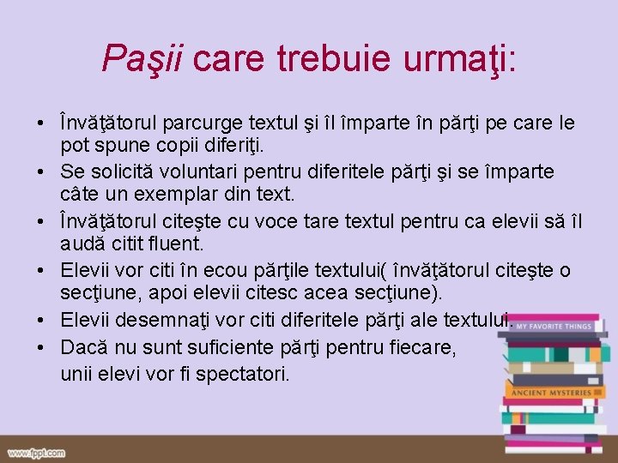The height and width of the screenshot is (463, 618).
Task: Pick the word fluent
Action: point(174,244)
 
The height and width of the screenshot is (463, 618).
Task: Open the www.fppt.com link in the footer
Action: point(36,453)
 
